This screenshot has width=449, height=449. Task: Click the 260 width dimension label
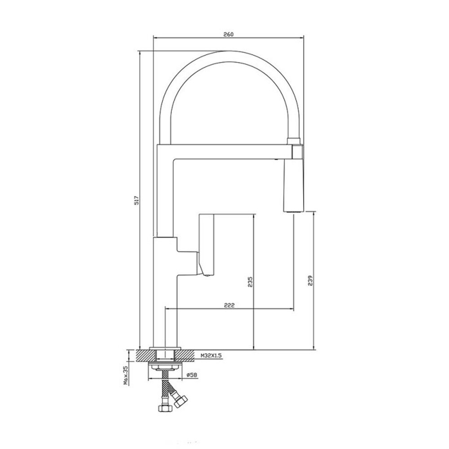click(229, 35)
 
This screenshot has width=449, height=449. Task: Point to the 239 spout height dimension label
click(311, 281)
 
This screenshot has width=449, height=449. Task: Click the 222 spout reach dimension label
click(229, 305)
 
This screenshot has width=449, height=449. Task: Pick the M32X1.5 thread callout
click(211, 356)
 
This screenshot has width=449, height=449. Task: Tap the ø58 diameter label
click(192, 374)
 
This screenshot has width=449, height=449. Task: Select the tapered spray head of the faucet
click(293, 186)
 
